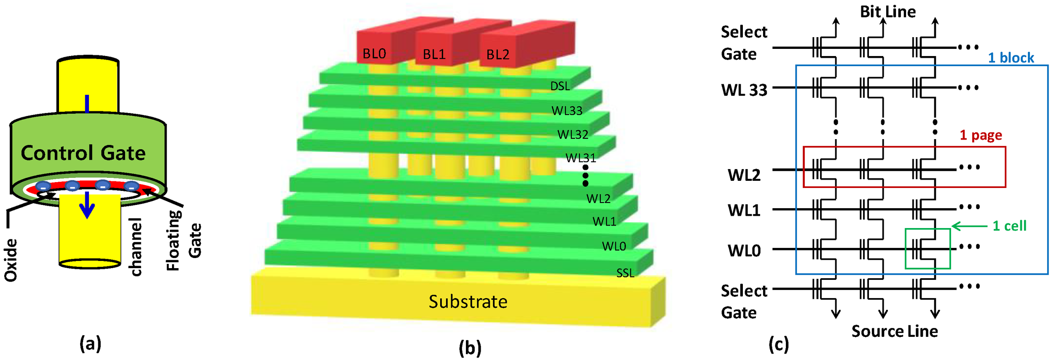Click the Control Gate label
pyautogui.click(x=83, y=153)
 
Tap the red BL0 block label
pyautogui.click(x=374, y=54)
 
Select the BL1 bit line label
pyautogui.click(x=434, y=55)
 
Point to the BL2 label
pyautogui.click(x=498, y=55)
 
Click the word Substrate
pyautogui.click(x=468, y=302)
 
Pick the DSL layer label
pyautogui.click(x=560, y=86)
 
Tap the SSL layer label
pyautogui.click(x=625, y=274)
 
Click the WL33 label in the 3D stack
pyautogui.click(x=567, y=111)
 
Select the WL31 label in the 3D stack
pyautogui.click(x=581, y=158)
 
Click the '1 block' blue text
pyautogui.click(x=1011, y=58)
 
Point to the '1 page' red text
pyautogui.click(x=981, y=135)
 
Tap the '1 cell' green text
pyautogui.click(x=1009, y=226)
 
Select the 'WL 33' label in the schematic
pyautogui.click(x=744, y=90)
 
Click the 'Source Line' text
pyautogui.click(x=895, y=331)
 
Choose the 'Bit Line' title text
pyautogui.click(x=888, y=12)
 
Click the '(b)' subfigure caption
pyautogui.click(x=470, y=348)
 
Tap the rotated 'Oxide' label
pyautogui.click(x=11, y=260)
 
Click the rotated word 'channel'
pyautogui.click(x=136, y=247)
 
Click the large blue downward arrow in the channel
pyautogui.click(x=87, y=205)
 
